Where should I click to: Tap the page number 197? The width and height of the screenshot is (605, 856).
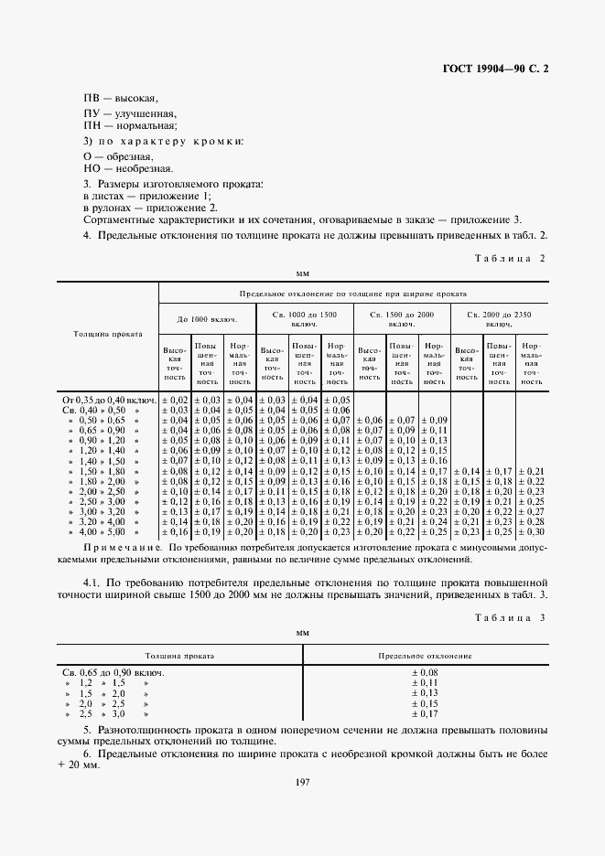click(303, 779)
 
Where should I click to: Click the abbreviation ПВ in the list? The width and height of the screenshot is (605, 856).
click(92, 98)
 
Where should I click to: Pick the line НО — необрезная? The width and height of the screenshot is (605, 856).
click(128, 169)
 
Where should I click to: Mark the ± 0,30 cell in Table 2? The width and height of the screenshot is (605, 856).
click(531, 531)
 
